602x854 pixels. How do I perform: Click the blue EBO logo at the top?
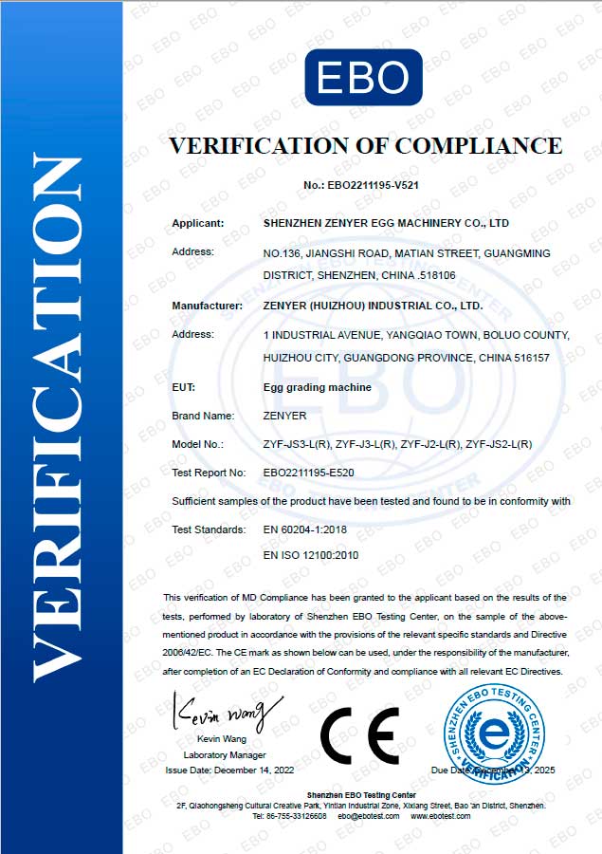coord(363,77)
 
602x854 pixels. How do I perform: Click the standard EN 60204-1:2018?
coord(304,529)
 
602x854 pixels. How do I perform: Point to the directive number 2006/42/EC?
coord(192,655)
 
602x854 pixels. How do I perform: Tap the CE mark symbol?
coord(358,736)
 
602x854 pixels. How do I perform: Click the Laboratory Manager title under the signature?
coord(218,754)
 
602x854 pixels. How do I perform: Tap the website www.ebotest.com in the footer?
coord(440,816)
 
